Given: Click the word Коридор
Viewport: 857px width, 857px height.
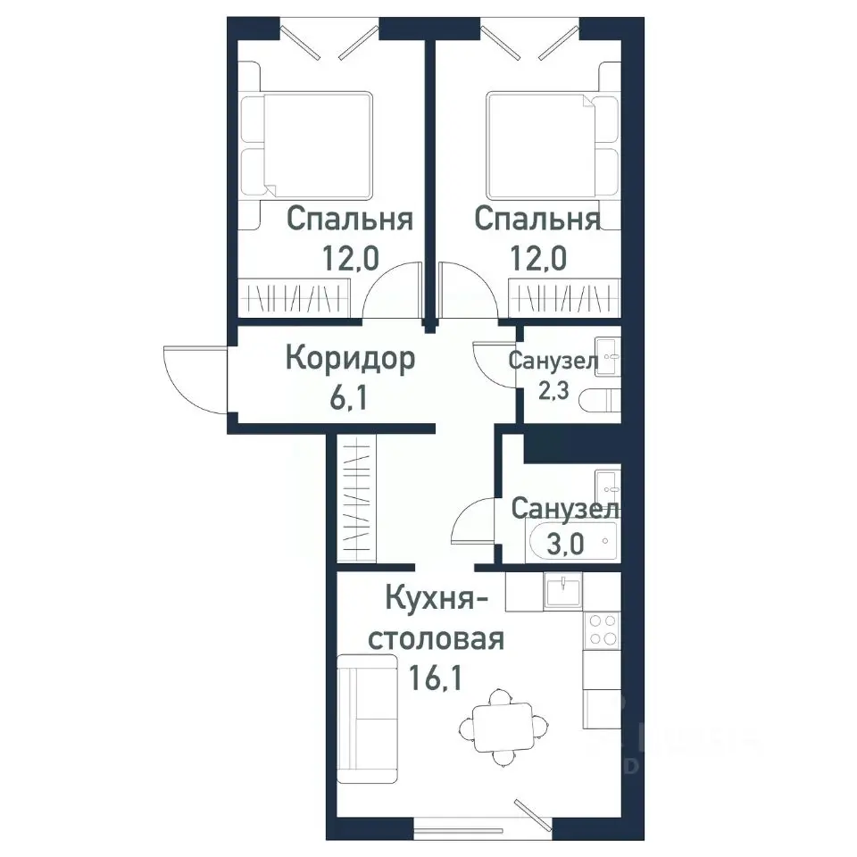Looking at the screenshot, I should coord(350,359).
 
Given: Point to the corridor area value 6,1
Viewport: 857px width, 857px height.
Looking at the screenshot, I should coord(350,396).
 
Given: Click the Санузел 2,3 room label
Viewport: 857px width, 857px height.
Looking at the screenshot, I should coord(553,362).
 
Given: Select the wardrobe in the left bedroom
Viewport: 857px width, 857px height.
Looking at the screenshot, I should coord(294,295).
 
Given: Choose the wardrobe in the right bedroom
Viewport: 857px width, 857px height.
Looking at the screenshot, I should coord(563,295).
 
